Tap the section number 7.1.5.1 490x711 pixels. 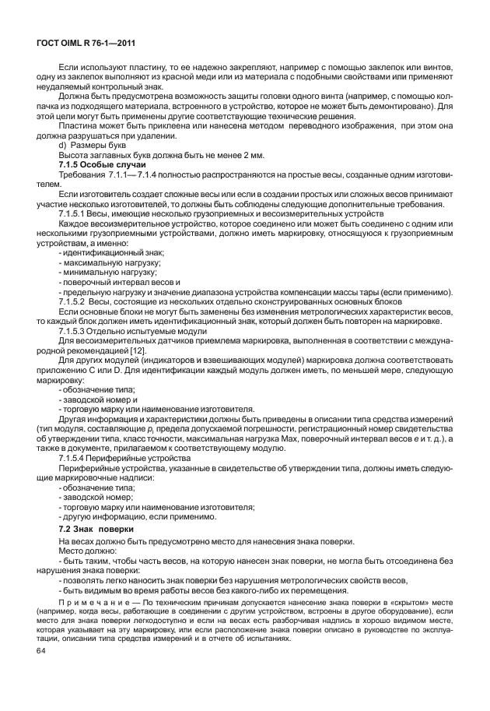pyautogui.click(x=76, y=213)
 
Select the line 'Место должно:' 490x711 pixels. pyautogui.click(x=86, y=550)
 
